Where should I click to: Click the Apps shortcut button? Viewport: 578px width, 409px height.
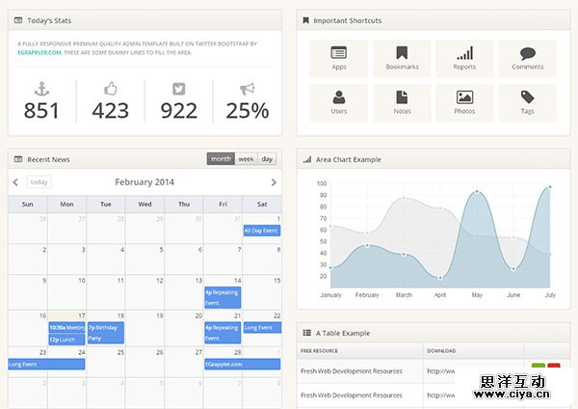[x=338, y=58]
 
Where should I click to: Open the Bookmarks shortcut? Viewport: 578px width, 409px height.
[x=402, y=58]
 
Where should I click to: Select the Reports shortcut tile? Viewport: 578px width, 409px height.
[x=464, y=58]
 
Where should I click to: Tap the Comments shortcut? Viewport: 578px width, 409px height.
[x=527, y=58]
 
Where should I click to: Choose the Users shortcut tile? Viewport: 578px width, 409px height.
[x=338, y=102]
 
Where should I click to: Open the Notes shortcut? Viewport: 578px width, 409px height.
[x=402, y=102]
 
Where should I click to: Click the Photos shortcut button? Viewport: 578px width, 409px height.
[x=464, y=102]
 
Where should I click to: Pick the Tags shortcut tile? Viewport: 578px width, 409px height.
[x=527, y=102]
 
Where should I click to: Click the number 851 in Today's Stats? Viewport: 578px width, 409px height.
[x=41, y=111]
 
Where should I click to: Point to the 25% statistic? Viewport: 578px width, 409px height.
[x=248, y=111]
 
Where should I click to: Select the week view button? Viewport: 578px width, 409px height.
[x=246, y=159]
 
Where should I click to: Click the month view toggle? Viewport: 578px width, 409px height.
[x=221, y=159]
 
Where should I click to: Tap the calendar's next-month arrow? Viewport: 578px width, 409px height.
[x=274, y=181]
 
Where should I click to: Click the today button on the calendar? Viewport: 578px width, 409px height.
[x=39, y=181]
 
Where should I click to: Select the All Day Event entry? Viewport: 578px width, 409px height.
[x=261, y=231]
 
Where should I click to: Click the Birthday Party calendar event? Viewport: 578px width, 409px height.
[x=105, y=333]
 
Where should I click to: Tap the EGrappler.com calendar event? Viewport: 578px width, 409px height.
[x=241, y=364]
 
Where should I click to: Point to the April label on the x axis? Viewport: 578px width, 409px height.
[x=440, y=294]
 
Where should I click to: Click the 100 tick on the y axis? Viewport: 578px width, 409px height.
[x=322, y=183]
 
